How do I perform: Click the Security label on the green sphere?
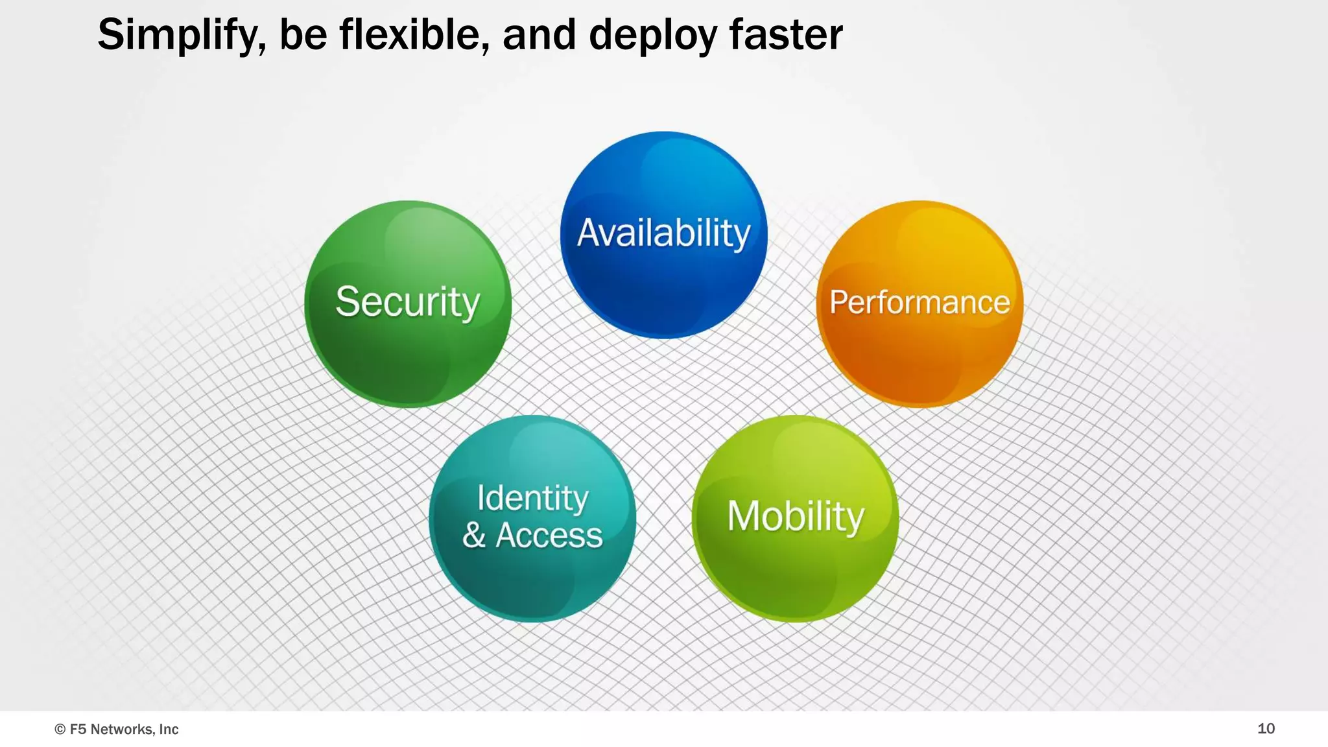407,302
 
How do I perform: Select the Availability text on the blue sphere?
663,233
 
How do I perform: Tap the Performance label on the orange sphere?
919,303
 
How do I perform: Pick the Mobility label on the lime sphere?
796,517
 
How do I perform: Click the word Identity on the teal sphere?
532,498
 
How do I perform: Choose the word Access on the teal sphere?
549,536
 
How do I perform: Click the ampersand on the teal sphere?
474,536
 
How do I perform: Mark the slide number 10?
1266,728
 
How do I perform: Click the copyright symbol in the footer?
60,729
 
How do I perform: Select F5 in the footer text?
78,729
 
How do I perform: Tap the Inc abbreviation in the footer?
169,729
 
